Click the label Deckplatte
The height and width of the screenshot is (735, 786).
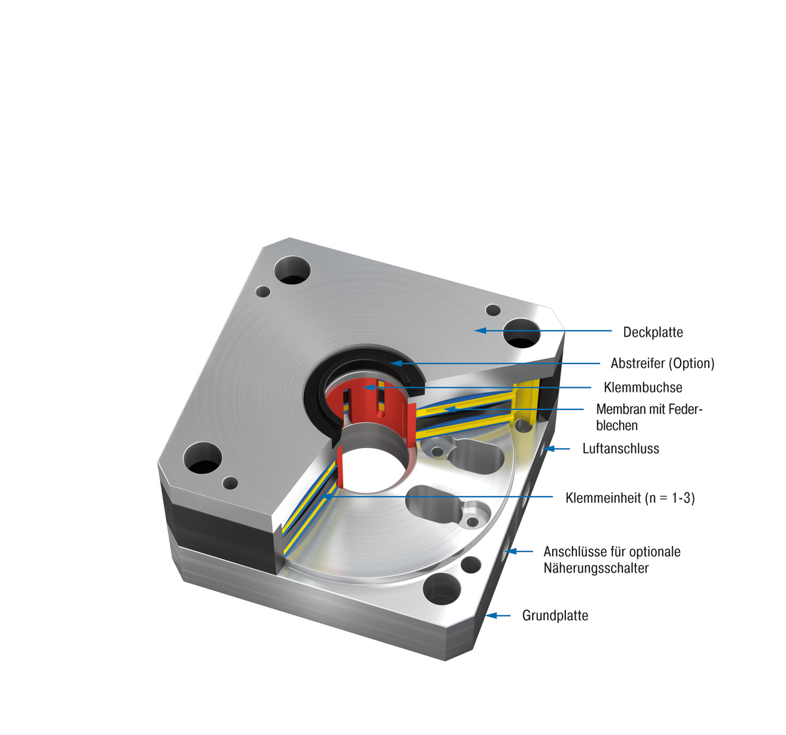click(x=652, y=332)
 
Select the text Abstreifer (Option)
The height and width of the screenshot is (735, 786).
click(x=662, y=363)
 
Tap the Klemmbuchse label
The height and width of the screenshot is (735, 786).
click(x=643, y=387)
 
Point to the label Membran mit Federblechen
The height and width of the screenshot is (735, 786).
click(x=648, y=417)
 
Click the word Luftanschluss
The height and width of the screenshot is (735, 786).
click(x=620, y=449)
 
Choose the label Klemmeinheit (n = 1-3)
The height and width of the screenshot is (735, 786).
click(x=629, y=498)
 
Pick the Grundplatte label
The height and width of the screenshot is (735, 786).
click(x=555, y=615)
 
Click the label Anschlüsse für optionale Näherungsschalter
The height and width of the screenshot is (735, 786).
click(x=611, y=559)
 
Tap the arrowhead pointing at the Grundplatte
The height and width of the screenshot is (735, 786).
click(x=491, y=615)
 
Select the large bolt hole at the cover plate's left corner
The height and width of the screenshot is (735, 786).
click(x=203, y=457)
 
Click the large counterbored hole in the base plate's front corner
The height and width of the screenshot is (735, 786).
click(x=442, y=590)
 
